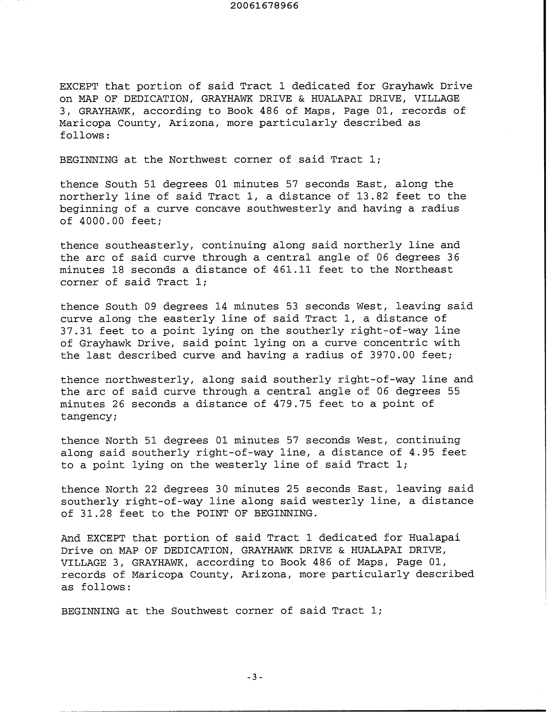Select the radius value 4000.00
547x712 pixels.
[101, 221]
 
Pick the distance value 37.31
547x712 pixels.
[76, 331]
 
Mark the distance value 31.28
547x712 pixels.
[96, 514]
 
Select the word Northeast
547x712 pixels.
[424, 270]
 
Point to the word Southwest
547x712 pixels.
[200, 611]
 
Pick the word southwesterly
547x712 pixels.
[289, 209]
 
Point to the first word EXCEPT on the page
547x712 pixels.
[79, 86]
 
